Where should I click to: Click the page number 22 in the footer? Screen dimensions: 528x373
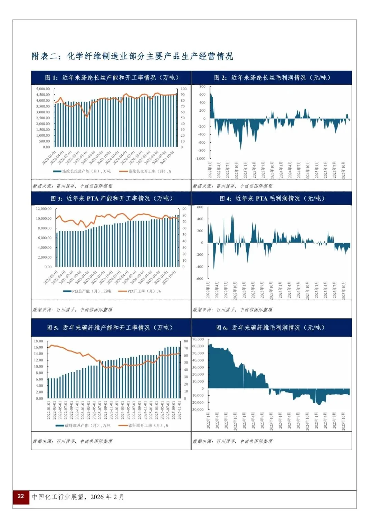[21, 496]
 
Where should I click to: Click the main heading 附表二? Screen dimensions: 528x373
[132, 56]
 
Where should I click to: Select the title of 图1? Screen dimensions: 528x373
[112, 78]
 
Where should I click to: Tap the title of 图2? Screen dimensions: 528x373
[272, 78]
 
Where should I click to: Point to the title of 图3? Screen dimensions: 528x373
[112, 198]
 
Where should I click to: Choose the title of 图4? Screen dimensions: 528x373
[272, 198]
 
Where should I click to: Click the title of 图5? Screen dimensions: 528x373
[109, 328]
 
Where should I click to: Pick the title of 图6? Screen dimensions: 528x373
[270, 328]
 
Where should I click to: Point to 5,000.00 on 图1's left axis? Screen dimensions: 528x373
[43, 89]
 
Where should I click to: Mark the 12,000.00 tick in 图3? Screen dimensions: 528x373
[44, 209]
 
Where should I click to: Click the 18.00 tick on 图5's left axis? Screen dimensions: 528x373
[38, 341]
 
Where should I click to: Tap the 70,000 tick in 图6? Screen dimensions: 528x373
[198, 339]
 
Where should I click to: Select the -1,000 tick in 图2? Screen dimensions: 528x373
[200, 159]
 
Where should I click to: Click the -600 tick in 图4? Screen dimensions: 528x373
[200, 279]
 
